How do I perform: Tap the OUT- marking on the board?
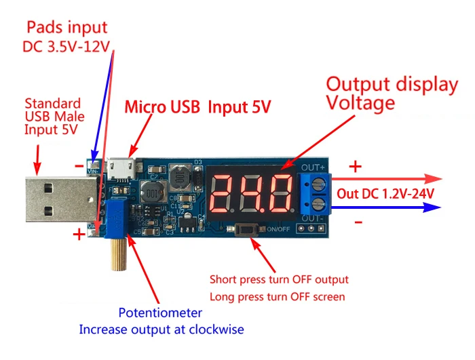pos(313,218)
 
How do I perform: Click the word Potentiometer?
pos(160,313)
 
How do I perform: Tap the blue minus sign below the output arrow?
pos(358,222)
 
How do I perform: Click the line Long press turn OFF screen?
pos(278,296)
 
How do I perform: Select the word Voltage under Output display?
pos(360,103)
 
